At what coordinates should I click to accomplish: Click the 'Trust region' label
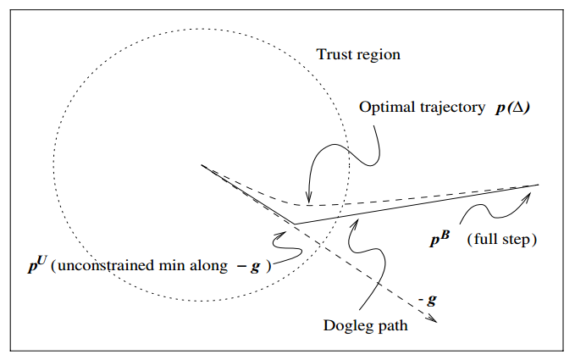point(358,55)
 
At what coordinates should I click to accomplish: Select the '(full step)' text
point(502,240)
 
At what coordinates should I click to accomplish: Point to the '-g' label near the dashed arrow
point(428,300)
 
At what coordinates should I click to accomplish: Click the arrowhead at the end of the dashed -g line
point(434,320)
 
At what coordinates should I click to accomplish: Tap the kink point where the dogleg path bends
point(294,224)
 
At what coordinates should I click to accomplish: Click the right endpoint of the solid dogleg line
point(538,185)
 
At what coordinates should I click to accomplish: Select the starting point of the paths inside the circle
point(202,164)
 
